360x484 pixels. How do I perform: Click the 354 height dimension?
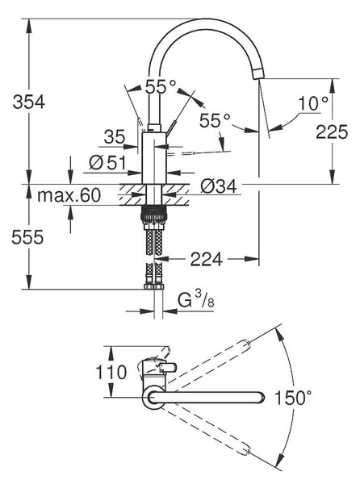point(29,102)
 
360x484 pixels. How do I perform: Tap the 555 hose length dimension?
point(27,237)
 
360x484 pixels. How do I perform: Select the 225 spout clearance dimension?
point(332,131)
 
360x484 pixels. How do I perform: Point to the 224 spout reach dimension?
point(207,259)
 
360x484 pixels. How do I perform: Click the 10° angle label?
point(312,103)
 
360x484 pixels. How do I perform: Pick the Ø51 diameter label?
point(107,162)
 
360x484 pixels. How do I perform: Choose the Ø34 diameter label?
point(219,186)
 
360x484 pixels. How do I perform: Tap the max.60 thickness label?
point(69,195)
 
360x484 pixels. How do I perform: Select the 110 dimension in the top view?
point(111,372)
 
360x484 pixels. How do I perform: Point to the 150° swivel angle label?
point(293,397)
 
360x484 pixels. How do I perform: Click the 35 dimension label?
point(115,137)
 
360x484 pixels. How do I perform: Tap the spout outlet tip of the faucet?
point(258,74)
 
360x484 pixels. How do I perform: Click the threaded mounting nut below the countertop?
point(154,213)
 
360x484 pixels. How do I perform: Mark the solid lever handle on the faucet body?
point(171,127)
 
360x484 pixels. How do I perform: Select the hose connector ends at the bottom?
point(154,286)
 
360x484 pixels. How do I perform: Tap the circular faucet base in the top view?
point(153,398)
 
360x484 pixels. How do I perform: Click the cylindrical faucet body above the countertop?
point(154,158)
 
